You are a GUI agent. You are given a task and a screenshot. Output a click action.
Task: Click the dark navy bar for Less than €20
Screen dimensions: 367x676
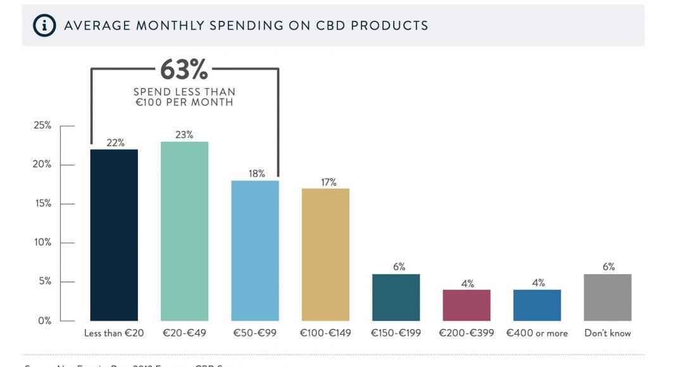(114, 235)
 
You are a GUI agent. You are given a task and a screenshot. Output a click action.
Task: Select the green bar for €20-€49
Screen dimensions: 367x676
(184, 231)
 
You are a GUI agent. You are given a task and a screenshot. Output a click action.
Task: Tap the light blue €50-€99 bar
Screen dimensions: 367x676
(254, 251)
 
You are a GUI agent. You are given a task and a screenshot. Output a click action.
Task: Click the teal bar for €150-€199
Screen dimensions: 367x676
(396, 297)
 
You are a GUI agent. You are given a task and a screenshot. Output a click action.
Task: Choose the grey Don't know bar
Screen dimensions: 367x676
(608, 297)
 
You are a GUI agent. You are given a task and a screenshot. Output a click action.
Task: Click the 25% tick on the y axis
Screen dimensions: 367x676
(42, 125)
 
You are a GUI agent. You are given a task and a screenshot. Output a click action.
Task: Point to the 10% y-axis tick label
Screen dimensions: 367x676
(42, 243)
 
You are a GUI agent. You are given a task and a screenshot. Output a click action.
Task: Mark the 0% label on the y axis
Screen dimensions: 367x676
(44, 321)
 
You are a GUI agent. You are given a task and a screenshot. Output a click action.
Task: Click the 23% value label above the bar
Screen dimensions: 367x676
(184, 135)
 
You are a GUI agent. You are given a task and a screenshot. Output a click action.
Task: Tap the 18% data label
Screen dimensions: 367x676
(256, 173)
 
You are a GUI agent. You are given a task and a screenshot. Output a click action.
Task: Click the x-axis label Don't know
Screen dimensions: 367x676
(608, 333)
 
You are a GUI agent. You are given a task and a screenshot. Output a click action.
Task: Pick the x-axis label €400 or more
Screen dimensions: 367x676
(537, 333)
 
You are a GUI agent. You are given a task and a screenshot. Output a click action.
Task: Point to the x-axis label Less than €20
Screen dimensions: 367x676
(114, 333)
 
